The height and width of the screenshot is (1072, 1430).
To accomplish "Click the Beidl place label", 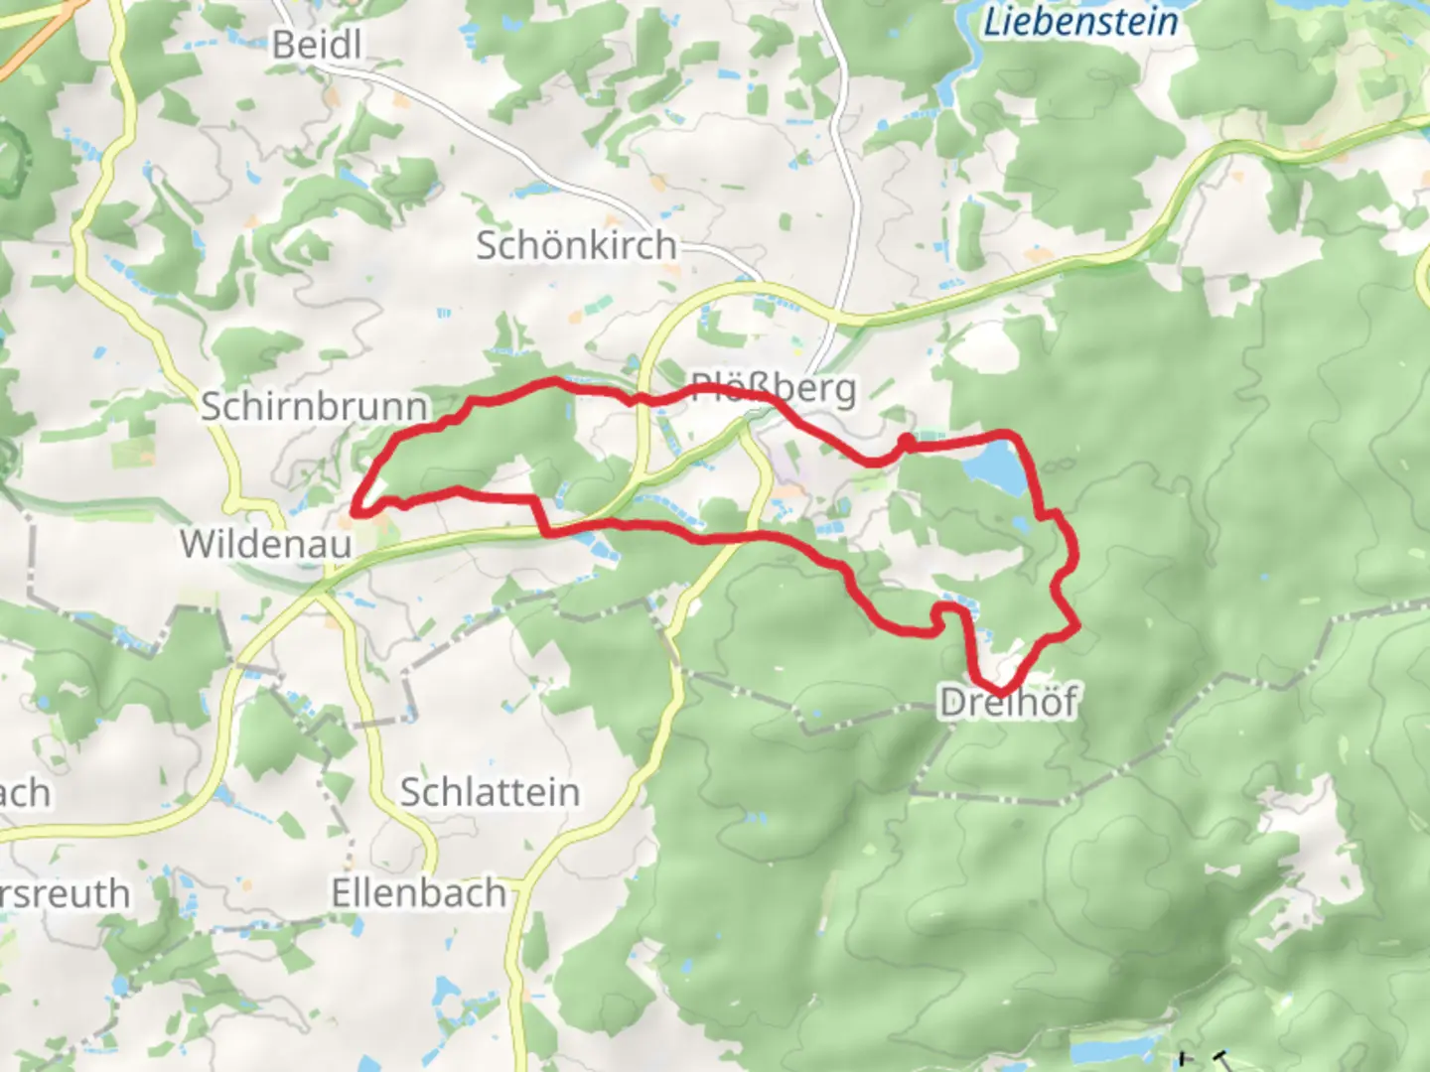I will pos(316,45).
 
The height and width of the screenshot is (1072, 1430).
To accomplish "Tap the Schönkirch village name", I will pos(576,245).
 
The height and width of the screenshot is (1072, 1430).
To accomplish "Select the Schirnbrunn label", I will pos(314,406).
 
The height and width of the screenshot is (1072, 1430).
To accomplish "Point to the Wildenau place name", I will pos(265,543).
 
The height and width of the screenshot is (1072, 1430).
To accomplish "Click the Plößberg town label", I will pos(773,387).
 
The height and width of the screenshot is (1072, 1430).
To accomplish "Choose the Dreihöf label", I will pos(1008,702).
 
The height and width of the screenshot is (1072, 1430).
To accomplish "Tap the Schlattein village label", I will pos(490,792).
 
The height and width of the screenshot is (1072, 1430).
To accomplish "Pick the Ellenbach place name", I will pos(418,893).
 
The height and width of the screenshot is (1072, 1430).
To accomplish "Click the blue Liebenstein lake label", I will pos(1079,22).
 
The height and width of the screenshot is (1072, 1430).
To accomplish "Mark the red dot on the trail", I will pos(907,442).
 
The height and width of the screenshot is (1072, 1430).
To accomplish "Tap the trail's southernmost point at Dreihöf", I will pos(999,690).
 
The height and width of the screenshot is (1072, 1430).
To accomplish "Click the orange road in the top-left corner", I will pos(40,40).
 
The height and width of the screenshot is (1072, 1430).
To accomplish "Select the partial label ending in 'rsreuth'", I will pos(65,893).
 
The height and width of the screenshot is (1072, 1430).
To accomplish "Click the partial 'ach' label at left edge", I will pos(24,793).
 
